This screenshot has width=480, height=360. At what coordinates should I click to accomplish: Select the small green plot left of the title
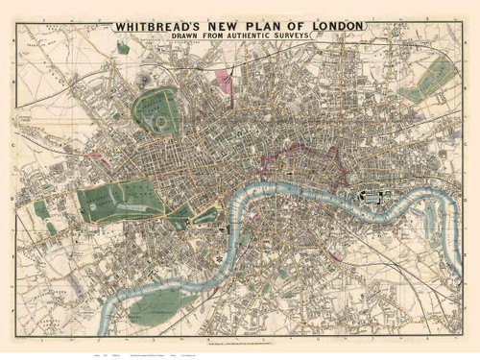(x=123, y=46)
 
